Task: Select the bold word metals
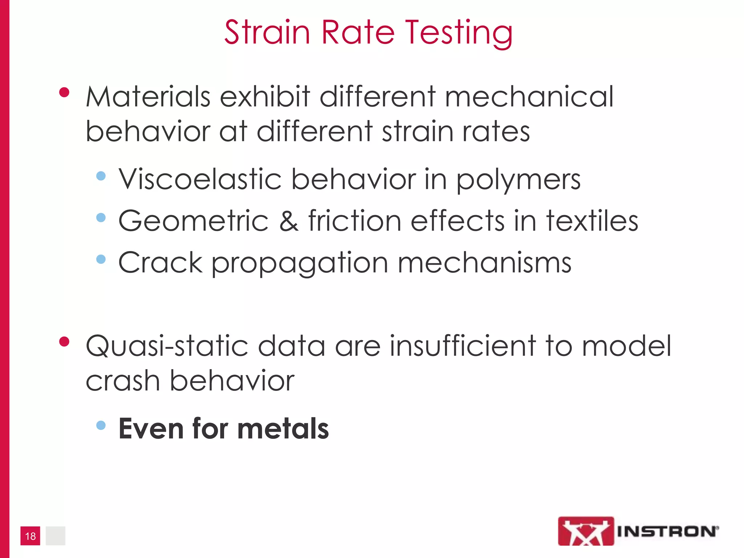click(283, 429)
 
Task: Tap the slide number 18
click(30, 536)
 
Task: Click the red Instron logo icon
click(586, 531)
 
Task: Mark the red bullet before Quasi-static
click(64, 342)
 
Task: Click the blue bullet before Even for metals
click(101, 425)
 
